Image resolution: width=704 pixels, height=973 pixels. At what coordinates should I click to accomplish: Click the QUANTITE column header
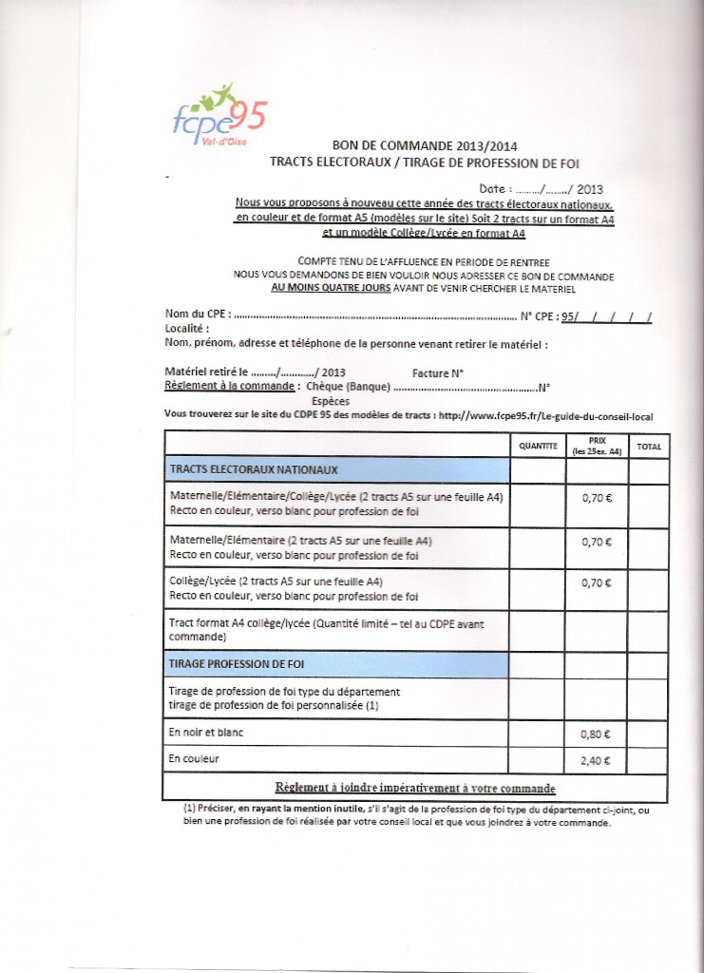[538, 446]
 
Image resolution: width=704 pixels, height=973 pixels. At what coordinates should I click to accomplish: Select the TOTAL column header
[649, 446]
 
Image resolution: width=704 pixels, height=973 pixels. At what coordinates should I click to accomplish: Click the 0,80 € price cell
[597, 734]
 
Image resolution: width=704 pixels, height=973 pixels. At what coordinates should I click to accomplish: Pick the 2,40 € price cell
[597, 759]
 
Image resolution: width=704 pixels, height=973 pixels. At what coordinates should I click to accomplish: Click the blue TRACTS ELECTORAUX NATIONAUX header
[336, 469]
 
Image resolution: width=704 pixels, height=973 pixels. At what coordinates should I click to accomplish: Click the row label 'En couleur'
[194, 759]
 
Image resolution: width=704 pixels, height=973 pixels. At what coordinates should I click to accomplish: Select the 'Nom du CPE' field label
[197, 315]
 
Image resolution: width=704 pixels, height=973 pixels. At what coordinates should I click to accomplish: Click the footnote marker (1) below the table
[191, 809]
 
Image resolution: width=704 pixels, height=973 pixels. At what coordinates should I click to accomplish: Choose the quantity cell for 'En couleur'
[538, 759]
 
